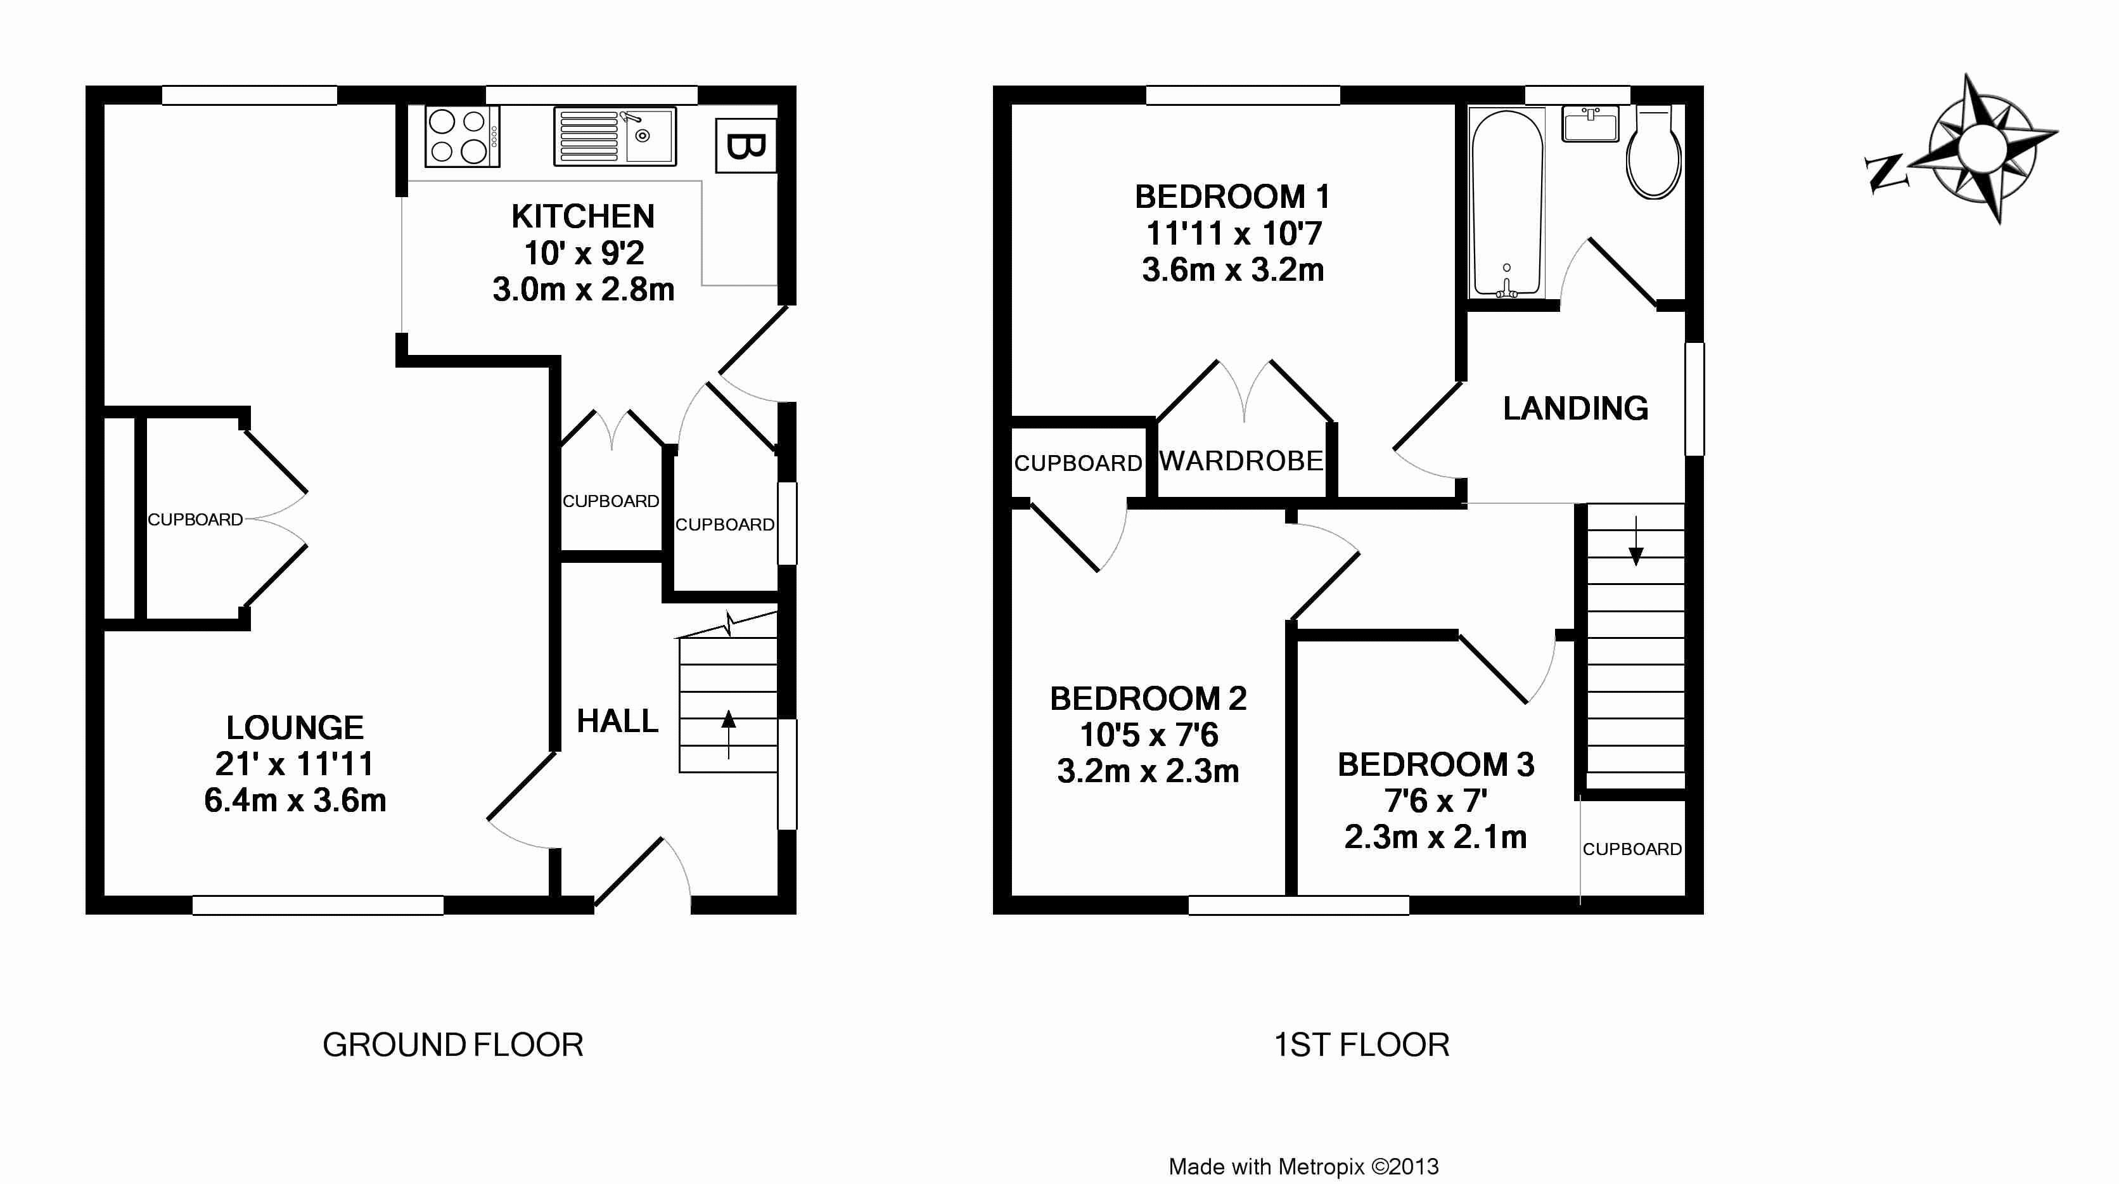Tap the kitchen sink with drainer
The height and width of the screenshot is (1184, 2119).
615,136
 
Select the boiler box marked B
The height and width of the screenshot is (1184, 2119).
746,146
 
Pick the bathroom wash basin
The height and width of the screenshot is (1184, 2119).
1590,124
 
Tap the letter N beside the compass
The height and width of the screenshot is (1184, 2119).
1885,174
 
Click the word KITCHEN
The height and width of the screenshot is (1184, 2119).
583,216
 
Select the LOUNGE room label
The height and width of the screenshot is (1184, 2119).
295,728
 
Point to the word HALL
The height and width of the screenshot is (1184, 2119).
618,721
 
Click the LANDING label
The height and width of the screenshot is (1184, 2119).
1575,408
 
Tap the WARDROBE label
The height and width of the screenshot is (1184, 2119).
1241,461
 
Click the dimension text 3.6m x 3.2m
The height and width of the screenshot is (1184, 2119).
1233,270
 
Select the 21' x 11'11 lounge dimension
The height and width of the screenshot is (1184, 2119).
295,764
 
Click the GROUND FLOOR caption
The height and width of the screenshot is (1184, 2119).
453,1045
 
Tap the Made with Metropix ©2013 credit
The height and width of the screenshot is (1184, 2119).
1304,1167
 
